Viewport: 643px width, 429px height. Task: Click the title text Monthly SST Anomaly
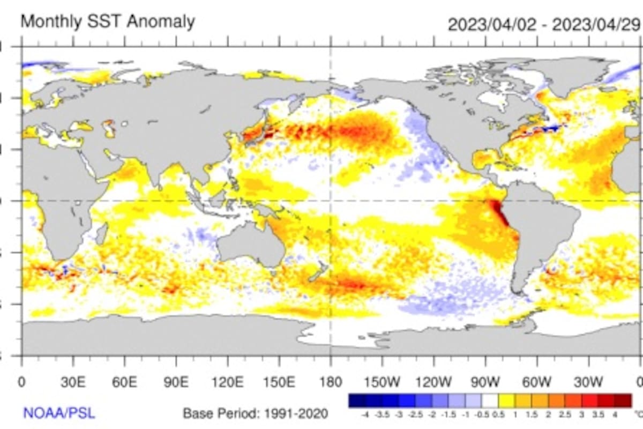click(x=107, y=22)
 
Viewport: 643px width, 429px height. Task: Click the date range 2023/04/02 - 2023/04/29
click(x=544, y=25)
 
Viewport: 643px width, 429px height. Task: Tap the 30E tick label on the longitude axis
click(x=73, y=382)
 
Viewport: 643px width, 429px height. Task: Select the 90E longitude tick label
click(x=176, y=382)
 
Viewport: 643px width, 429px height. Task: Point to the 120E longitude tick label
click(x=228, y=382)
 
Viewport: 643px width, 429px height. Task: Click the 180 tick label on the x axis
click(x=331, y=382)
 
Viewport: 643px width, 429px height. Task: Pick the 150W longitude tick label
click(x=382, y=382)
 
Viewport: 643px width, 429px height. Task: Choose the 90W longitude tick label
click(x=485, y=382)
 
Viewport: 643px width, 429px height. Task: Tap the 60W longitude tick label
click(x=537, y=382)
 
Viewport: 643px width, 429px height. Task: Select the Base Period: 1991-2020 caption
click(x=256, y=413)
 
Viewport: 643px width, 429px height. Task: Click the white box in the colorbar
click(x=490, y=401)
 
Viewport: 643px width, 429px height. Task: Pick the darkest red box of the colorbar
click(x=623, y=401)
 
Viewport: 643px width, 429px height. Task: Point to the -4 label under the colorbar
click(x=365, y=415)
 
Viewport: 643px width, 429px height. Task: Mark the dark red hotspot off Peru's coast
click(x=499, y=212)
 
